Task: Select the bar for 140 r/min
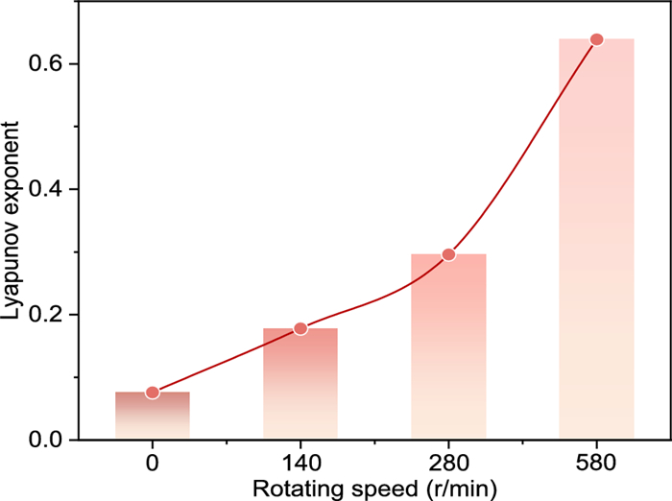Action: click(300, 384)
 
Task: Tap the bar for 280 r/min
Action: click(448, 346)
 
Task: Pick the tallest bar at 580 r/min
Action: click(596, 239)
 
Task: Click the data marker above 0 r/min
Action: click(153, 393)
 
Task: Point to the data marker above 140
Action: click(300, 328)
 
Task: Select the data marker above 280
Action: click(448, 254)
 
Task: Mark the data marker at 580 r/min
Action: click(596, 39)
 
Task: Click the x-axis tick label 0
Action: click(153, 463)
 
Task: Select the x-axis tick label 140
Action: click(300, 463)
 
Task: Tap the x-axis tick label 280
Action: click(448, 463)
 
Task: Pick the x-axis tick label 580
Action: click(596, 463)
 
